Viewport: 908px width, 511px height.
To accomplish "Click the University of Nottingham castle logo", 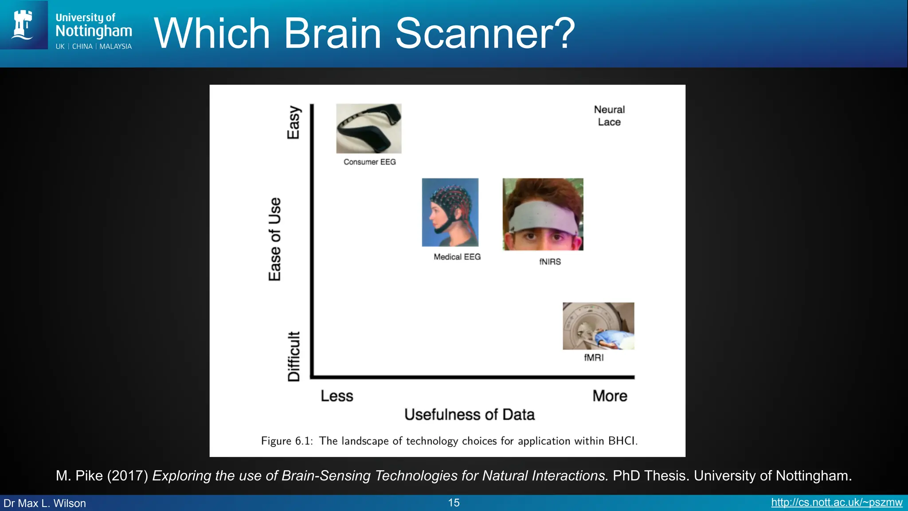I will (x=23, y=25).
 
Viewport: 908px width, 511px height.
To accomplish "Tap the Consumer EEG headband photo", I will (x=368, y=129).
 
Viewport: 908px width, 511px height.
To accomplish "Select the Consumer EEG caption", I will (x=369, y=162).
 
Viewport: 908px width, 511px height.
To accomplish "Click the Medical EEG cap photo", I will (x=450, y=212).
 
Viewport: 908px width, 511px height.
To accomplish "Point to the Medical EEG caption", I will (x=457, y=257).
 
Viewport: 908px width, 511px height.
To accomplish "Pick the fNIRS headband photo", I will (x=543, y=214).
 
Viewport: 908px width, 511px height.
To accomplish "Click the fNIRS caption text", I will (x=550, y=262).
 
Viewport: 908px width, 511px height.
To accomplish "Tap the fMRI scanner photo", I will (x=598, y=326).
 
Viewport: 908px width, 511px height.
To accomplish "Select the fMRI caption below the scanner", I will (x=594, y=358).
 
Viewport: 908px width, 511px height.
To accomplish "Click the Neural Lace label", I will (x=609, y=116).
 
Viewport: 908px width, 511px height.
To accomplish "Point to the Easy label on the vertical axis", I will (x=294, y=122).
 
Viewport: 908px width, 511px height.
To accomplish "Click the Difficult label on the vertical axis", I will (x=294, y=356).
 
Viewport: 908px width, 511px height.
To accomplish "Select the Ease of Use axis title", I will (x=275, y=239).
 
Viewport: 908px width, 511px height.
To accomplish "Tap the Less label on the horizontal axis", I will (x=337, y=396).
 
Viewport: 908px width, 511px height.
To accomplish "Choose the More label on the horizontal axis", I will (x=610, y=396).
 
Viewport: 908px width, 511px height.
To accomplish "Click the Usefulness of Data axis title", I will (x=469, y=414).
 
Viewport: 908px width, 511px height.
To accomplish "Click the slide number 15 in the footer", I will (x=454, y=503).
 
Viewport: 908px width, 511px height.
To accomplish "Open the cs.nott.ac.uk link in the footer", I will (x=836, y=503).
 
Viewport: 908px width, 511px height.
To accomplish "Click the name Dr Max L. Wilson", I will (x=45, y=503).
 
